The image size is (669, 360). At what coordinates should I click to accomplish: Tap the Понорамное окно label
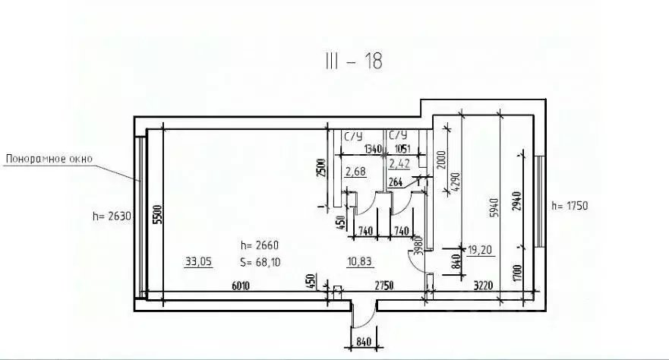[49, 159]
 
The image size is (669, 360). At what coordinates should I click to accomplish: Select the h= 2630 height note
[112, 216]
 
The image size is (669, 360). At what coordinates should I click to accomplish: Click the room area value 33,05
[198, 262]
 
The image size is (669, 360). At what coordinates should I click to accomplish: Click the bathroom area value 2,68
[355, 172]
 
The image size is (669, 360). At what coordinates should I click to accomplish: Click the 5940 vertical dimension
[494, 204]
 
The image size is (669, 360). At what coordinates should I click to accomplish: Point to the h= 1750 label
[570, 205]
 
